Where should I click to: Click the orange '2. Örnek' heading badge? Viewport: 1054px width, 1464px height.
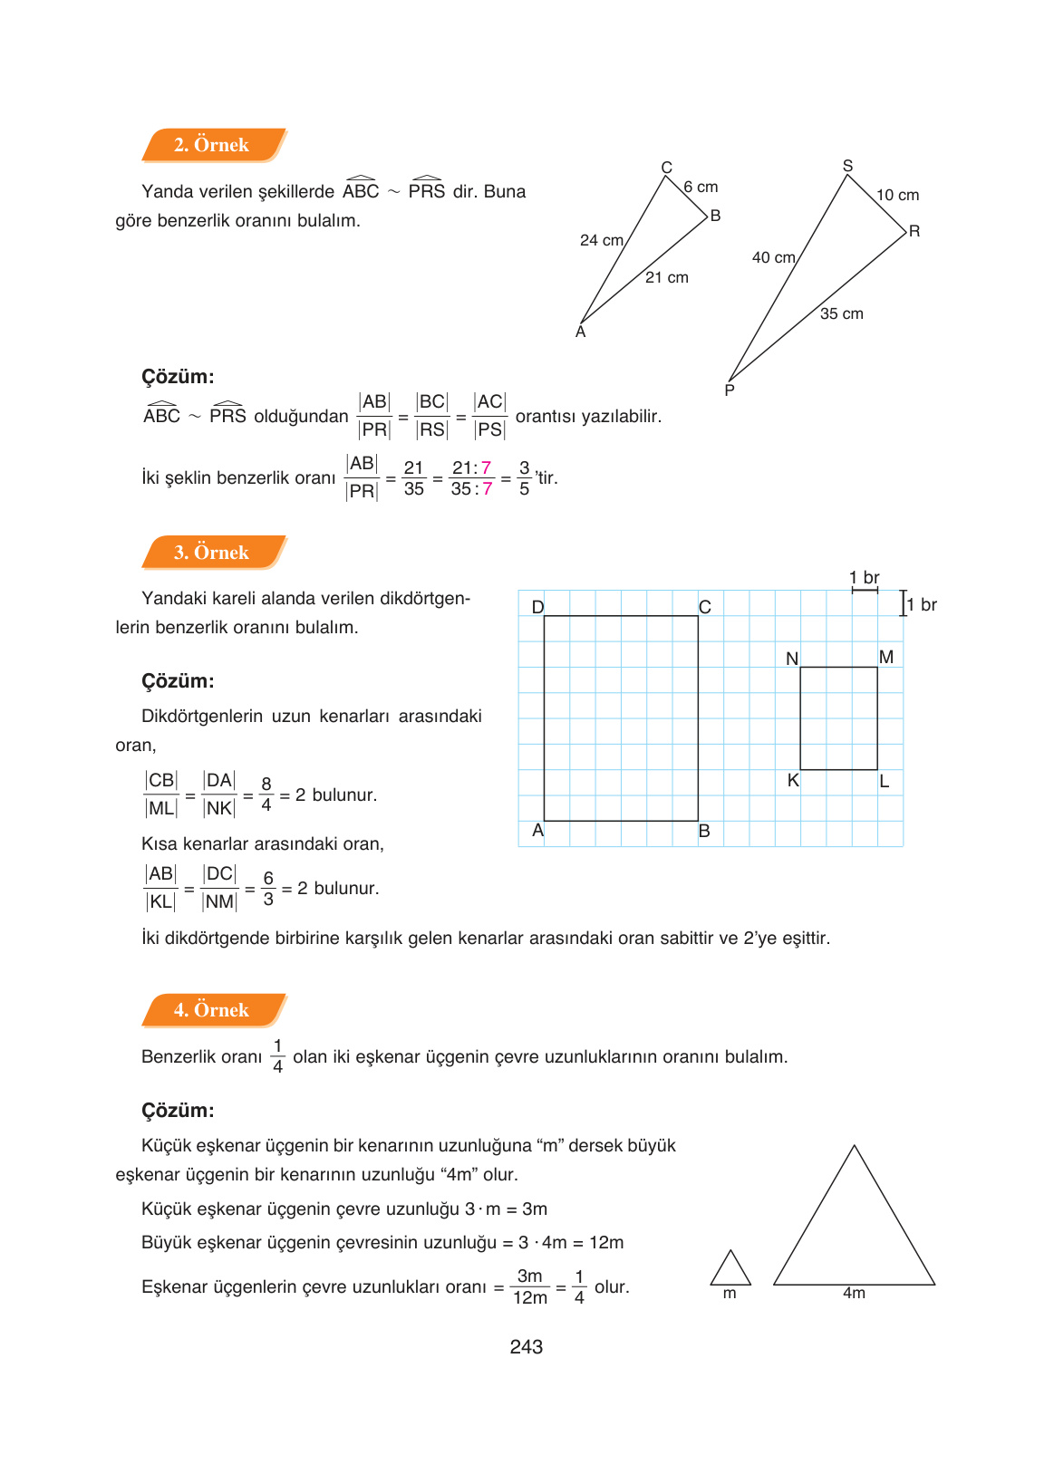[213, 145]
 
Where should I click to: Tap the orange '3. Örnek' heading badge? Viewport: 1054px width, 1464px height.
[213, 553]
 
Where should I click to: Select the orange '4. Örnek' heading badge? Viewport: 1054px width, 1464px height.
[213, 1010]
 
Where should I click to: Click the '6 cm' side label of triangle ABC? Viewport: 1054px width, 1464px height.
[701, 188]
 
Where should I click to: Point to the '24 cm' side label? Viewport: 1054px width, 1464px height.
[602, 241]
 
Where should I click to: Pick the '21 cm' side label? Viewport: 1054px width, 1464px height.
[667, 278]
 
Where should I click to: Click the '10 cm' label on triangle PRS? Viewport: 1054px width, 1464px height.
[897, 196]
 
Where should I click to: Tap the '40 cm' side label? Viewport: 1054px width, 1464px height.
[774, 258]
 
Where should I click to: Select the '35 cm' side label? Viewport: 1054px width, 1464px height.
[842, 314]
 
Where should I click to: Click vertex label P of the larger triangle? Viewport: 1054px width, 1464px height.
[730, 390]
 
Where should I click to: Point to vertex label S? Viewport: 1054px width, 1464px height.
[848, 166]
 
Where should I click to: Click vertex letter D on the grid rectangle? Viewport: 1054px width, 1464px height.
[537, 607]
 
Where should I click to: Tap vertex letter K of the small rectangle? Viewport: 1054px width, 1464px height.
[793, 781]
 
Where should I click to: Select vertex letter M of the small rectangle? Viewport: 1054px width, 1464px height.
[886, 657]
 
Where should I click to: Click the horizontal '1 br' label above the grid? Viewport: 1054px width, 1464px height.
[865, 578]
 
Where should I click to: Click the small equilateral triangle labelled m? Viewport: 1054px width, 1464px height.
[730, 1270]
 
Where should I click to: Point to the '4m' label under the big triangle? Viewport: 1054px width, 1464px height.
[854, 1294]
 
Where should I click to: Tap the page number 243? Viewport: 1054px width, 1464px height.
[527, 1347]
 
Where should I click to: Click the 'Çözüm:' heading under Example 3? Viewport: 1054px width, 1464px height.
[179, 681]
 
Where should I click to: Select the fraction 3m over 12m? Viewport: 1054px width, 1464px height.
[530, 1287]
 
